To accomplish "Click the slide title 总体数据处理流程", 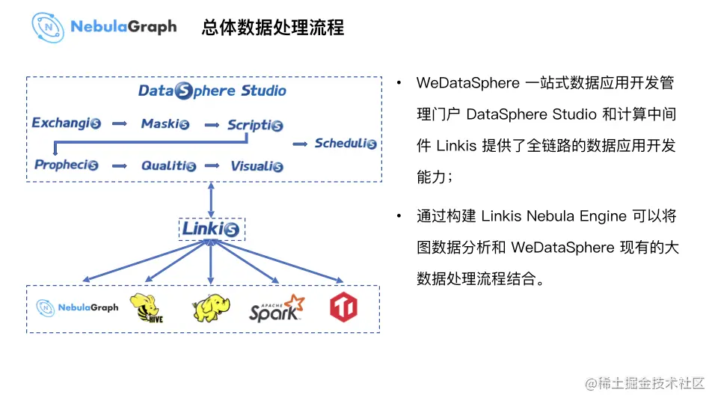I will [272, 27].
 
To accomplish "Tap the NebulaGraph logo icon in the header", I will [48, 27].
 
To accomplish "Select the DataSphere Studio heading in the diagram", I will [212, 91].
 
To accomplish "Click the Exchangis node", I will [66, 123].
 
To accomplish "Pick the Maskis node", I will [165, 123].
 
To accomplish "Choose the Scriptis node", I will [255, 125].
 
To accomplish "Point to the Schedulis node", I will [345, 143].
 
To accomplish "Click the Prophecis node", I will [67, 165].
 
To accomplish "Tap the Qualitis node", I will [168, 165].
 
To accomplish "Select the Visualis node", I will [257, 165].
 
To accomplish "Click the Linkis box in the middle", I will [211, 228].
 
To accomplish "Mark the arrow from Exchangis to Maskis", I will [120, 123].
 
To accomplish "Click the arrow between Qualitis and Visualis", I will [212, 165].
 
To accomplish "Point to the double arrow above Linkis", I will [211, 199].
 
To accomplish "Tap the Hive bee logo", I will [147, 308].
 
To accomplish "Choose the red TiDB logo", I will [343, 307].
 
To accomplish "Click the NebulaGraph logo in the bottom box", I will [78, 307].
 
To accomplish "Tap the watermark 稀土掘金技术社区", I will [645, 383].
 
